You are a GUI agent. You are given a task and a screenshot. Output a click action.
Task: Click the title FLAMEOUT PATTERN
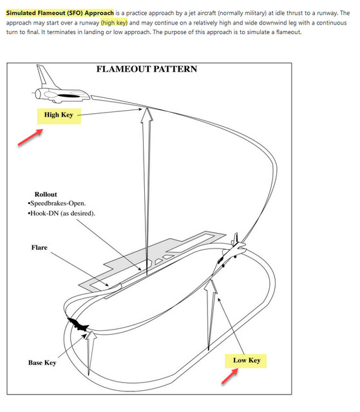click(147, 69)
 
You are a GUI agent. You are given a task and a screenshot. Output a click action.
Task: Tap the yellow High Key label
click(59, 116)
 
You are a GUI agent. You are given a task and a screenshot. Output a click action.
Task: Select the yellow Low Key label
click(246, 360)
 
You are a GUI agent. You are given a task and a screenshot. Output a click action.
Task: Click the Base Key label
click(43, 363)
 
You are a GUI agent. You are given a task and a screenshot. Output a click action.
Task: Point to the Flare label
click(39, 247)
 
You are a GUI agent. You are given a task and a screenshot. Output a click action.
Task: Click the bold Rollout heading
click(46, 194)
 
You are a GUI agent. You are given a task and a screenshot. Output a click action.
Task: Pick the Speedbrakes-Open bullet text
click(57, 203)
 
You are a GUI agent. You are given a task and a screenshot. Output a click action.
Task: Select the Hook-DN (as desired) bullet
click(61, 213)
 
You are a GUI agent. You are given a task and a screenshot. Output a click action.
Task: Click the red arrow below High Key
click(30, 137)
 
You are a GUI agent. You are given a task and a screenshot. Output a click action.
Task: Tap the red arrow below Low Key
click(230, 376)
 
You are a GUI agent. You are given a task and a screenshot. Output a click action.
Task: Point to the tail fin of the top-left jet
click(46, 76)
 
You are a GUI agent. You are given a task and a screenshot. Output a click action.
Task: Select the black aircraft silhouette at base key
click(78, 324)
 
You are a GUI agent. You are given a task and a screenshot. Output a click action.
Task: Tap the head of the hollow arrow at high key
click(147, 115)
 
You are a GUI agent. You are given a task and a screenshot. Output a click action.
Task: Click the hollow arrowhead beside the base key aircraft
click(91, 336)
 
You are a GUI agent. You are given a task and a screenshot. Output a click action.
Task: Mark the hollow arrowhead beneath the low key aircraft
click(211, 286)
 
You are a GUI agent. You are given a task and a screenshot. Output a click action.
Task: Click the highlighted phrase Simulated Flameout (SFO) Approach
click(60, 13)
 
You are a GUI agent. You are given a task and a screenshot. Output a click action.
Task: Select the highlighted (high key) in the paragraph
click(114, 23)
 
